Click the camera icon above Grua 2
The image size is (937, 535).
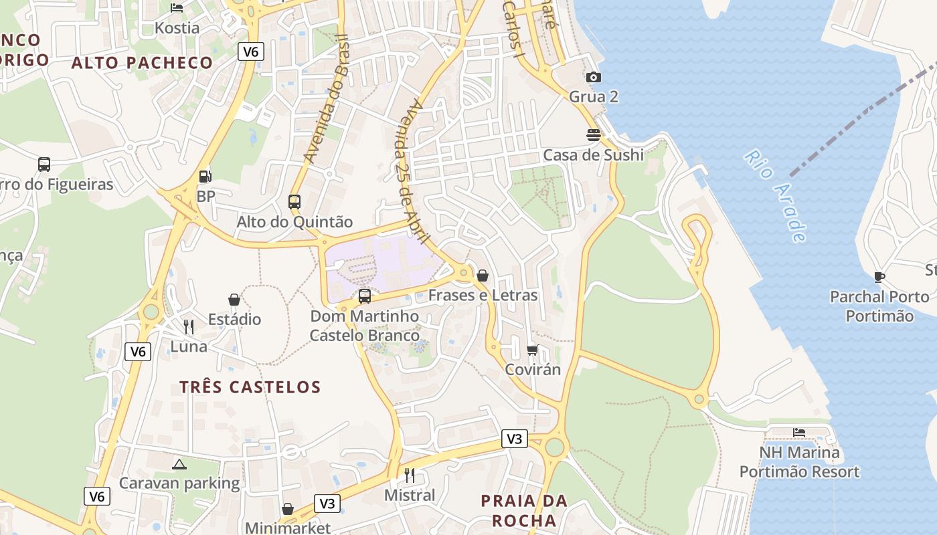tap(593, 78)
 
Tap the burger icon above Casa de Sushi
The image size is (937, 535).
tap(593, 135)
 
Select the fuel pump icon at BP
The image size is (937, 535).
tap(205, 177)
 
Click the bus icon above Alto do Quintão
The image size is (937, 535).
tap(294, 201)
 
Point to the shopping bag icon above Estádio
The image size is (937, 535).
tap(234, 300)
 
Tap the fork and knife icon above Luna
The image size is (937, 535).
tap(189, 327)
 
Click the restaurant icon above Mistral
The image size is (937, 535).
tap(410, 475)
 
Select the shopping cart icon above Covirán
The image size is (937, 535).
tap(533, 350)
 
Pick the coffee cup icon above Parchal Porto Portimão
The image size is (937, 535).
tap(879, 277)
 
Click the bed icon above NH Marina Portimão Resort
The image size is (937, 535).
tap(799, 433)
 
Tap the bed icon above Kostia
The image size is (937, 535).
tap(177, 8)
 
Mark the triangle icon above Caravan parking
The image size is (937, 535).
tap(179, 464)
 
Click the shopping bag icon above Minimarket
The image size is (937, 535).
tap(288, 509)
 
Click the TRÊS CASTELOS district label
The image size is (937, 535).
tap(250, 387)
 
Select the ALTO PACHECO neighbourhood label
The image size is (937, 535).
tap(142, 63)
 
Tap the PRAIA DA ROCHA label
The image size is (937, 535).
tap(524, 510)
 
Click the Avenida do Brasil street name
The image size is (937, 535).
tap(324, 99)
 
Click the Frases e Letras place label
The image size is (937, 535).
tap(483, 295)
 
